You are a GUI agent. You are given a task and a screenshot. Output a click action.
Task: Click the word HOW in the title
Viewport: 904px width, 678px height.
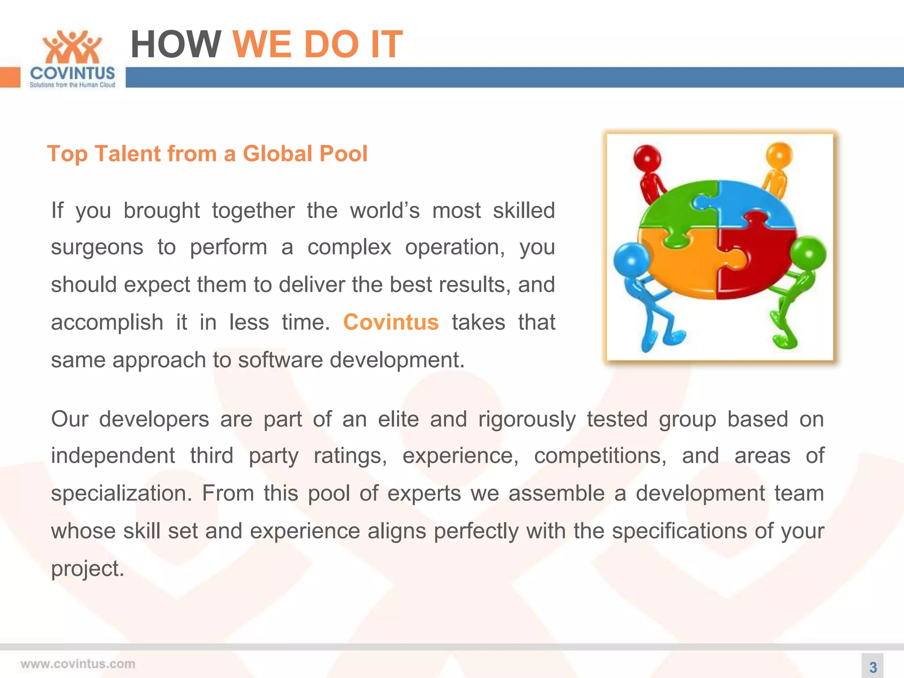(x=175, y=44)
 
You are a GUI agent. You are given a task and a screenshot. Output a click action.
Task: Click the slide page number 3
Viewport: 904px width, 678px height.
(x=873, y=667)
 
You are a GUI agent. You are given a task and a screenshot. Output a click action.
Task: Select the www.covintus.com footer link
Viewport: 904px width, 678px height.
(x=78, y=664)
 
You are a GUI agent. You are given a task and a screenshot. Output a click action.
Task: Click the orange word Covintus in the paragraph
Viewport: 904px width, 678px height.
(x=391, y=322)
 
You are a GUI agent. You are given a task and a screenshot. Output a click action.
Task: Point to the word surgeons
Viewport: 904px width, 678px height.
(x=97, y=247)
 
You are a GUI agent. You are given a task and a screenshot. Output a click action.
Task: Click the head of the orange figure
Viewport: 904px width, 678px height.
(x=780, y=155)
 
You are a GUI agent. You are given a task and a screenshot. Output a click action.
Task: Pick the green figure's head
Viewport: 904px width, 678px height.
(x=808, y=253)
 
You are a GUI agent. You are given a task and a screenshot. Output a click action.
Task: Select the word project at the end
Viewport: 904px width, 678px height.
(x=87, y=569)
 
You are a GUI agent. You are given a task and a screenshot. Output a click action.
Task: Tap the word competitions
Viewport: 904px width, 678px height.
(x=600, y=456)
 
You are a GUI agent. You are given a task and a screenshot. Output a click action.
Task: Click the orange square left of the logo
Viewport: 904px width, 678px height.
(x=10, y=77)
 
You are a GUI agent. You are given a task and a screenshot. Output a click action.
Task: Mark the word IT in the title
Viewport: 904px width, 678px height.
(x=387, y=44)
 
